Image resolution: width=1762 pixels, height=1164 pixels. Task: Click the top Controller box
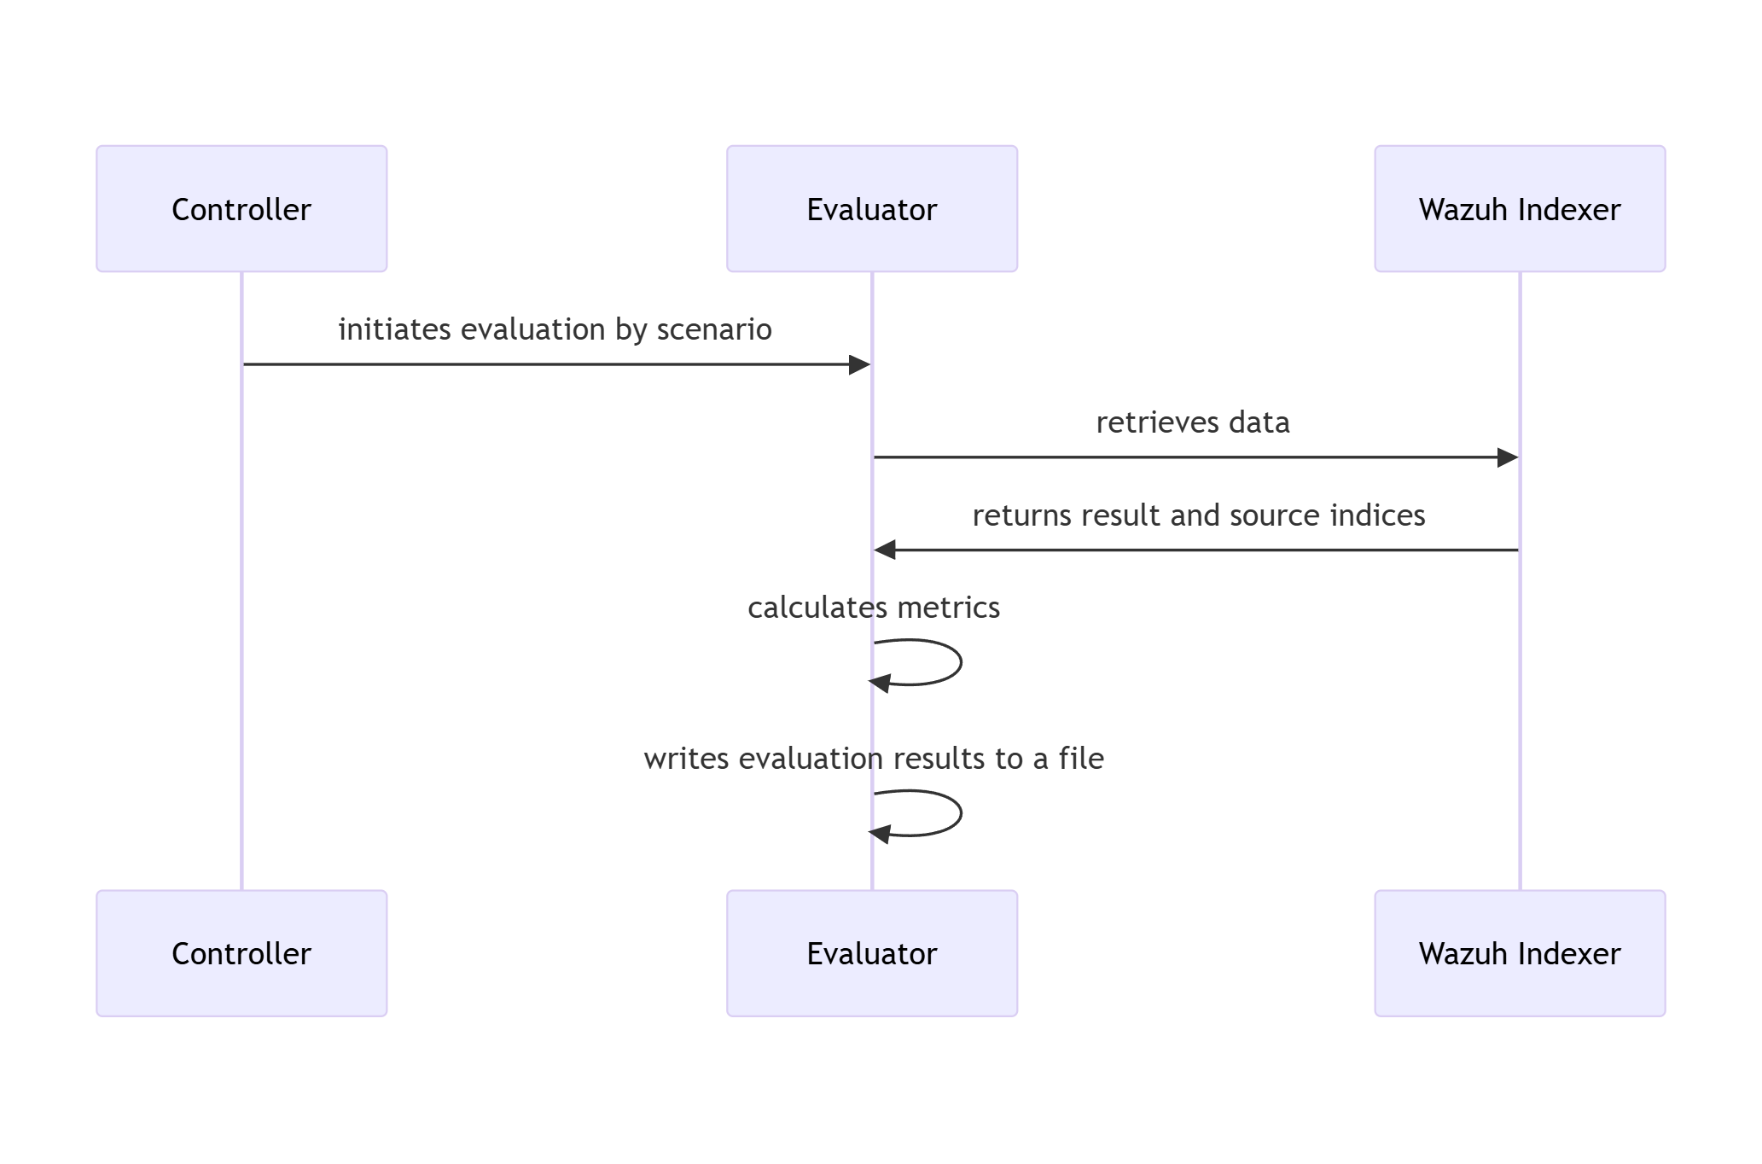click(x=241, y=209)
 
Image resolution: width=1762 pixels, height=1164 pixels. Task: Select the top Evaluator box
click(x=871, y=209)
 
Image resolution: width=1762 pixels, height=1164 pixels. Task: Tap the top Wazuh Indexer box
click(x=1519, y=209)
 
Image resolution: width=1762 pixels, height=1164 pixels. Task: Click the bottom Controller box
click(x=241, y=953)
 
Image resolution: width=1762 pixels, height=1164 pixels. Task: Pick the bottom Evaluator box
click(x=871, y=953)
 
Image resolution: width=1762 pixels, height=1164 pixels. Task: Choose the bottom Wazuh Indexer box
click(x=1519, y=953)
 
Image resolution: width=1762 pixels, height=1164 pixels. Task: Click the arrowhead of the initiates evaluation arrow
click(x=859, y=365)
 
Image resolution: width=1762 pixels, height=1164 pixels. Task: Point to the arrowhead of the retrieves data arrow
click(x=1507, y=457)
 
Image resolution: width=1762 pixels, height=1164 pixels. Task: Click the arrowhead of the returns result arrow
click(x=885, y=550)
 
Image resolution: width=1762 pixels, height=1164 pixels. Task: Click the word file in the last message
click(x=1081, y=759)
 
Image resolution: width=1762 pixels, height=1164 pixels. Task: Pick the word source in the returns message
click(x=1271, y=515)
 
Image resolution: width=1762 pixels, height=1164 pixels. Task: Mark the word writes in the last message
click(x=686, y=759)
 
